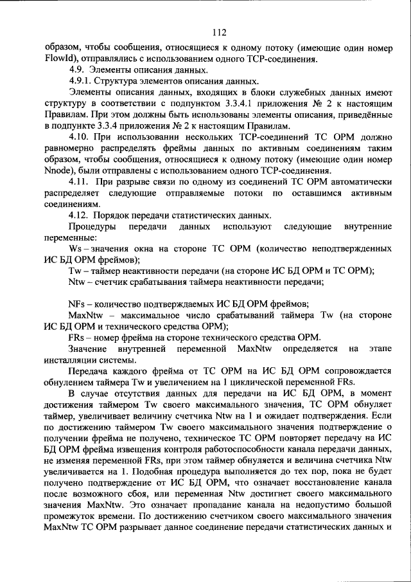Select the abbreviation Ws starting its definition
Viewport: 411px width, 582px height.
74,249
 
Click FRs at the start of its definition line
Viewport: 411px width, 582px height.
76,338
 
